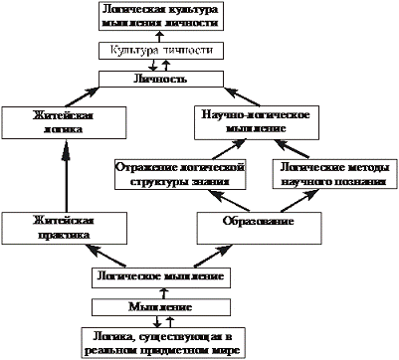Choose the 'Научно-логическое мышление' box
point(262,122)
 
